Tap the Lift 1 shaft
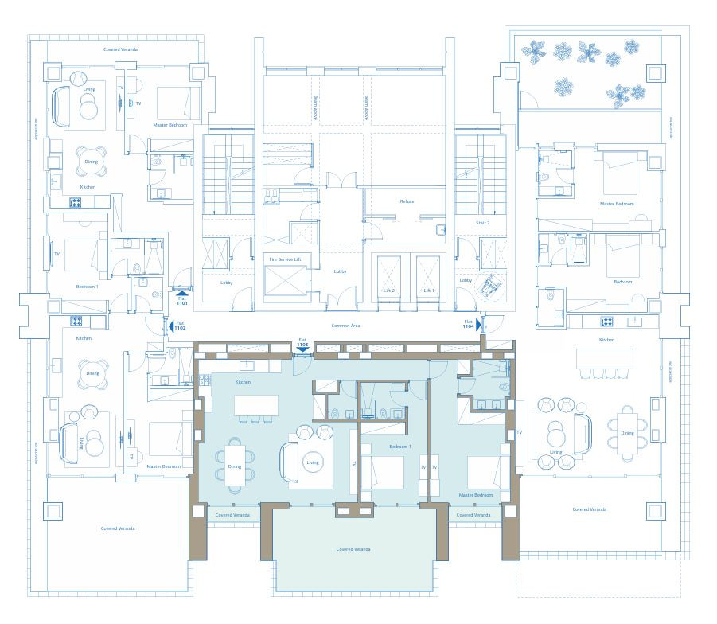click(429, 278)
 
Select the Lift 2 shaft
click(389, 278)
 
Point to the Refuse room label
click(407, 201)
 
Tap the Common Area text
click(343, 327)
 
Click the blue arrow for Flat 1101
click(182, 294)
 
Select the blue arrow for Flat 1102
click(170, 326)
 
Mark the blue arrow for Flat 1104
click(478, 325)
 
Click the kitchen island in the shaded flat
click(255, 405)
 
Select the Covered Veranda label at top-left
click(120, 49)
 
